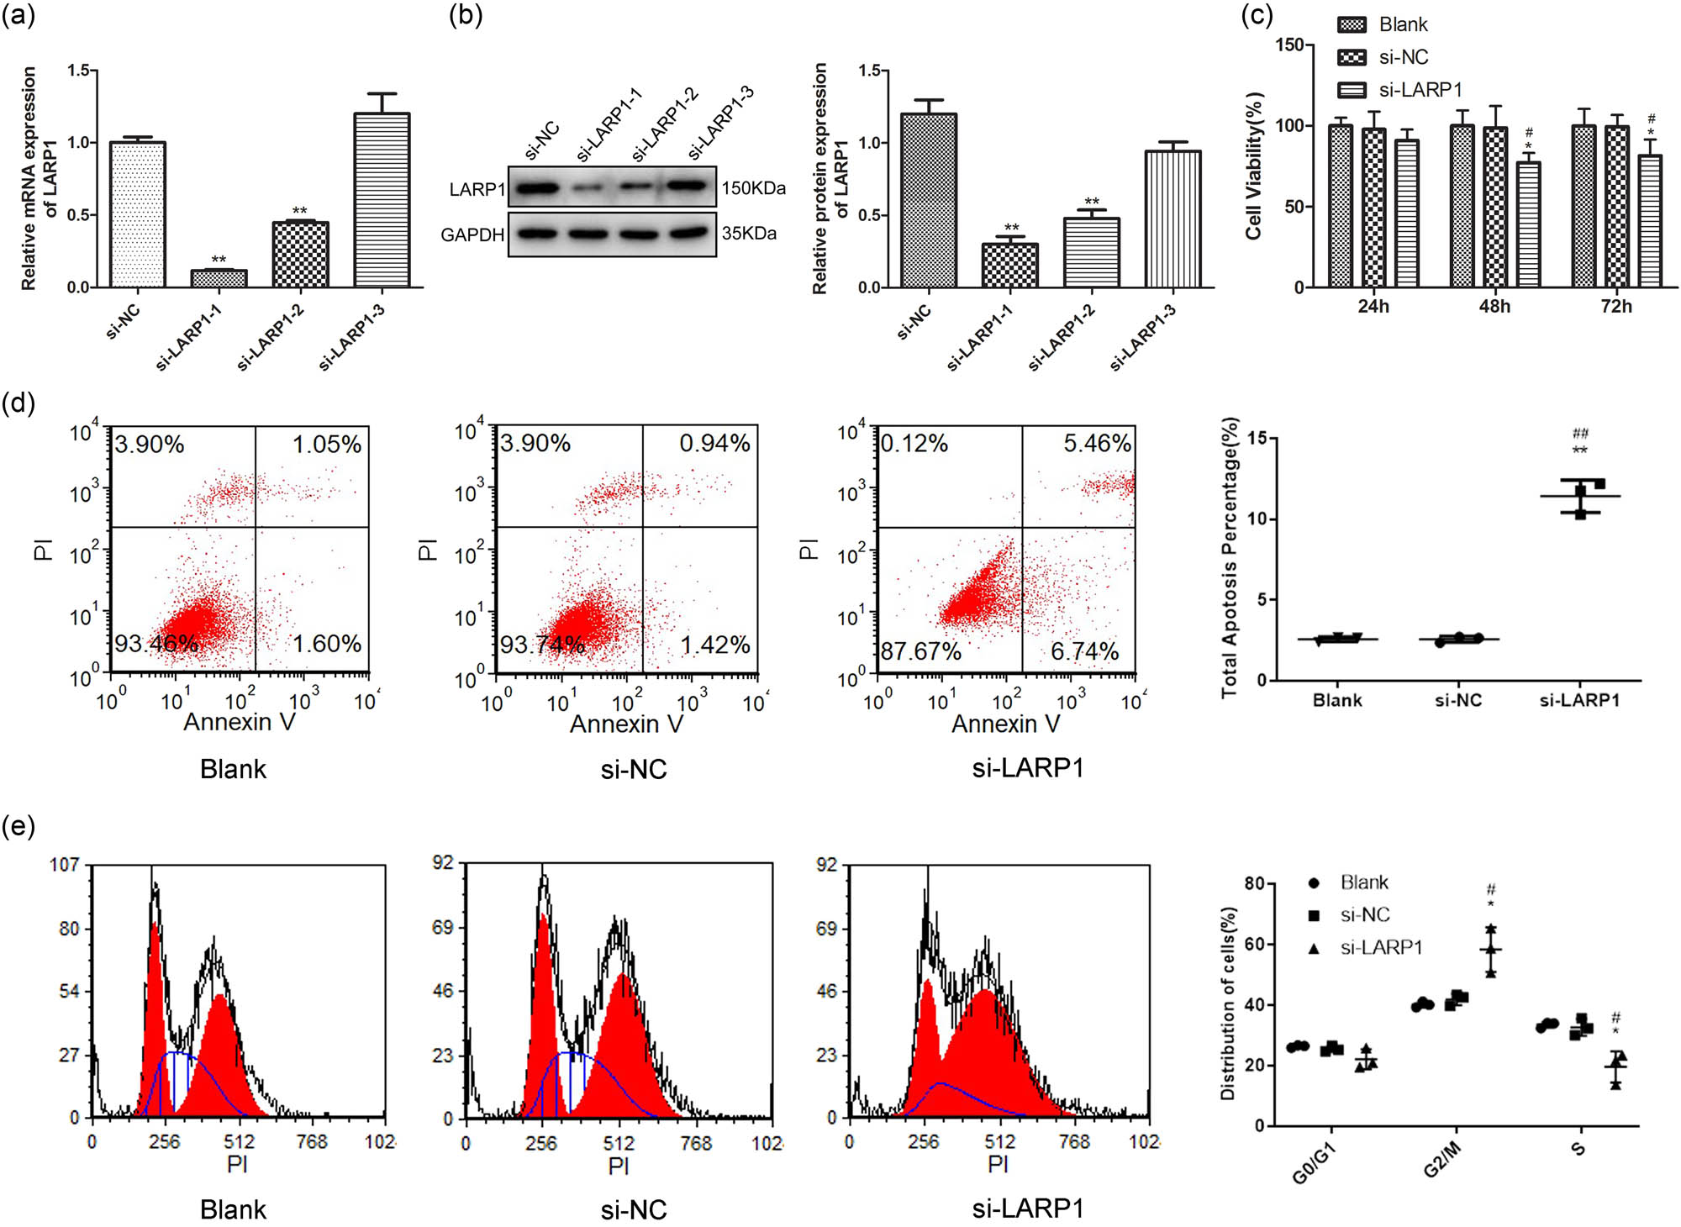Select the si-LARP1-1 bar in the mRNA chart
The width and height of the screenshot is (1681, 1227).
pos(219,278)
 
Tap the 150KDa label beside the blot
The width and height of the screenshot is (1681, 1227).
pos(753,188)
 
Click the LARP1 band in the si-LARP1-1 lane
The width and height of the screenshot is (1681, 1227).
pos(588,189)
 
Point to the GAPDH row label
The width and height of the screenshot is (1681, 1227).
pos(472,234)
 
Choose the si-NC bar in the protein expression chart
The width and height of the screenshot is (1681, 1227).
pos(928,201)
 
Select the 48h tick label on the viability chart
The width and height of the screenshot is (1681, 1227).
pos(1494,307)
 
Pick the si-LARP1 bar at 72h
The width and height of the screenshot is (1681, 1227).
pos(1649,220)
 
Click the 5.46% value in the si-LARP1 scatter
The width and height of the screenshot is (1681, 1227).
pos(1096,443)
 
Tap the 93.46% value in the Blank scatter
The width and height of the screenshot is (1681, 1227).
pos(156,644)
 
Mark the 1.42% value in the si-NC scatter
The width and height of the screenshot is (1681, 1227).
pos(714,645)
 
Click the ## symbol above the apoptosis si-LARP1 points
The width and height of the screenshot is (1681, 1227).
pos(1580,434)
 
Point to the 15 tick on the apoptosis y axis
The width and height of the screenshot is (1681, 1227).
pos(1257,438)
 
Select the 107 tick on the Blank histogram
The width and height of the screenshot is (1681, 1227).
pos(66,864)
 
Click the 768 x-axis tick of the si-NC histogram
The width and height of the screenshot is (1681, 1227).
pos(695,1143)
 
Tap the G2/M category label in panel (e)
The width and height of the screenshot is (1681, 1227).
pos(1442,1163)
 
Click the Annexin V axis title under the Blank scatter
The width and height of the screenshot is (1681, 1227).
pos(240,722)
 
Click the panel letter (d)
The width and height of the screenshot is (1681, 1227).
pos(18,403)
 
